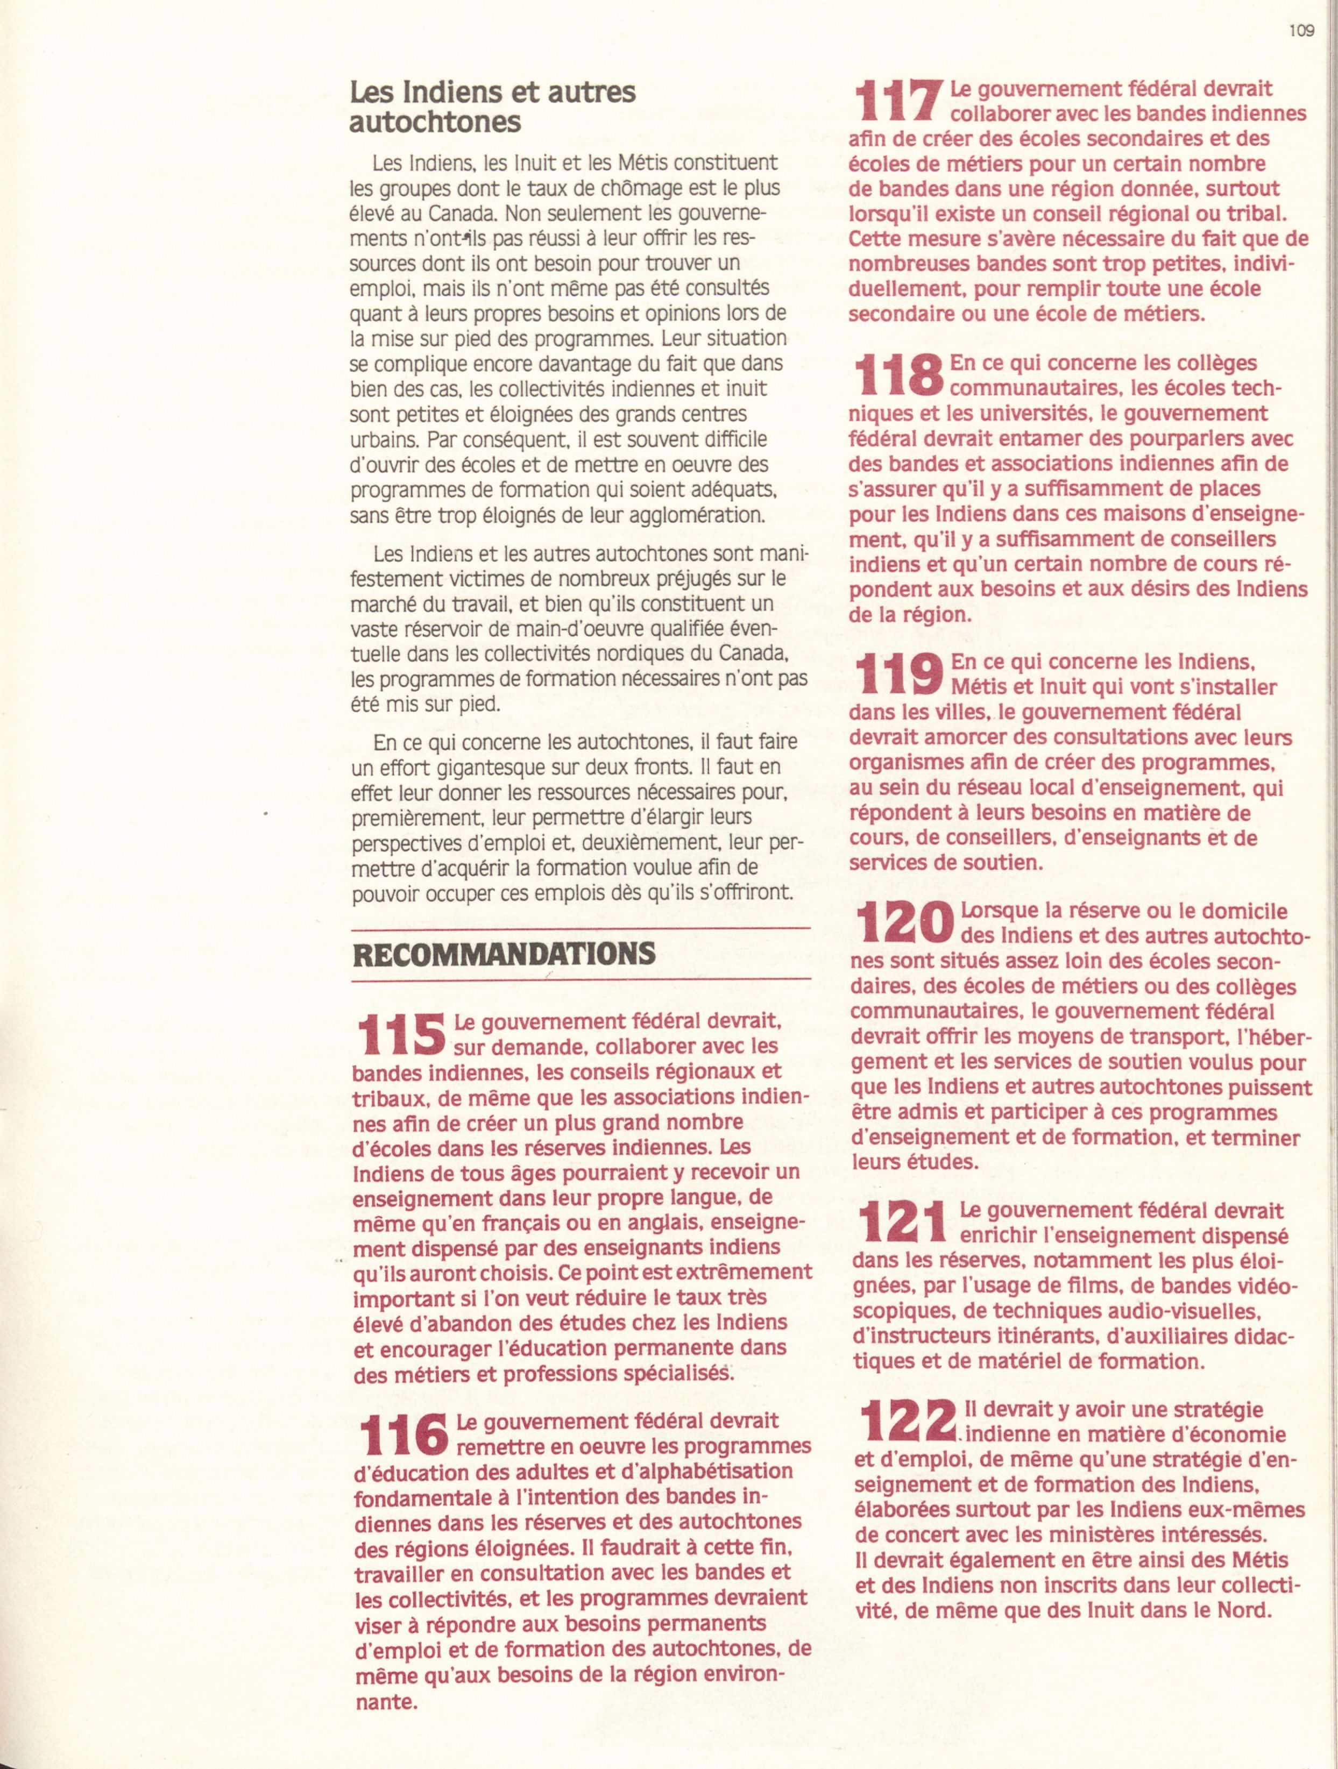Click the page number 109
(x=1302, y=31)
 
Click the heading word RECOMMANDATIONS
(x=504, y=954)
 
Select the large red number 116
(x=401, y=1434)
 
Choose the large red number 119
(x=897, y=674)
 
